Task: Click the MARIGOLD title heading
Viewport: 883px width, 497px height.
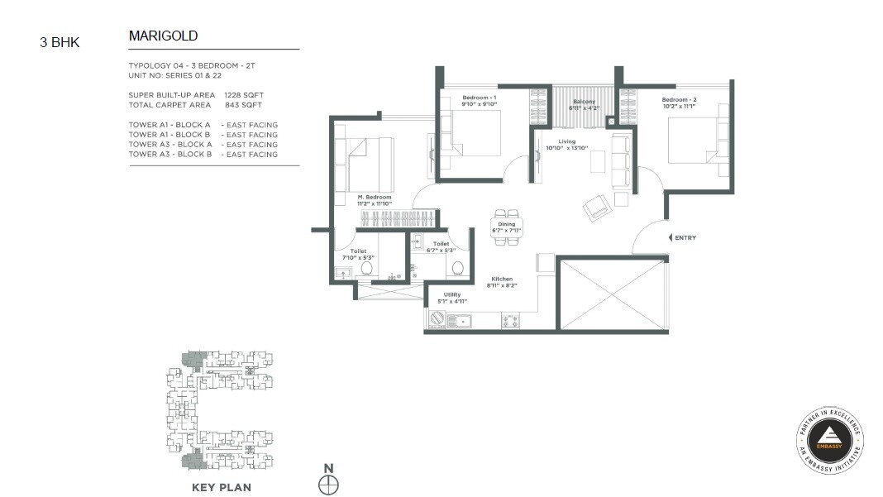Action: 163,36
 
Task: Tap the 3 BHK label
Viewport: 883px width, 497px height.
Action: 60,42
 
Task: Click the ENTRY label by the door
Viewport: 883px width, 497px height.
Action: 685,238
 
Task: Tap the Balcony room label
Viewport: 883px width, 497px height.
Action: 584,102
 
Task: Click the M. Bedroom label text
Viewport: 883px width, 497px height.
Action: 374,198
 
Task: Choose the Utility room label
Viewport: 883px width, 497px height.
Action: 451,294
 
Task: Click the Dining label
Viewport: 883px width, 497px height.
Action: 507,223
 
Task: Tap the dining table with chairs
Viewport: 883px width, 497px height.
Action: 507,227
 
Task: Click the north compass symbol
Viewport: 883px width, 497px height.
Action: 328,485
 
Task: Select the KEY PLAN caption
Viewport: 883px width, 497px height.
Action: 222,487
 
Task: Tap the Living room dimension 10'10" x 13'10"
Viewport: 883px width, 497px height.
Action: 566,148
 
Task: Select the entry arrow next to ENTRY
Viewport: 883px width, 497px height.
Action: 671,238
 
